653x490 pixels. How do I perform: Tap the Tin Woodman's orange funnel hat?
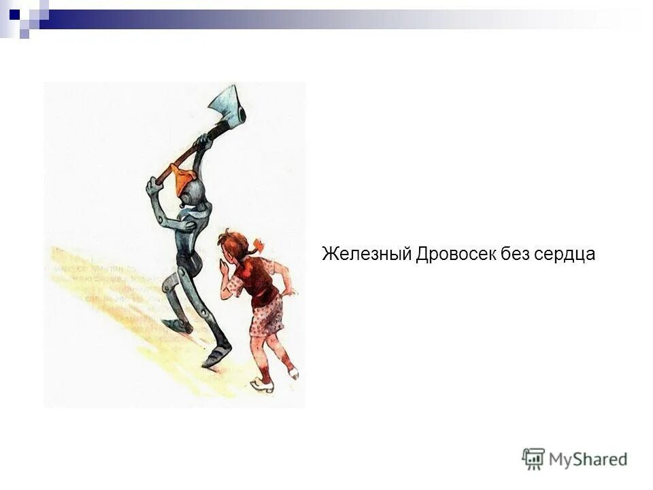point(186,179)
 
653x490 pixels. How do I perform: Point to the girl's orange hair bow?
point(257,245)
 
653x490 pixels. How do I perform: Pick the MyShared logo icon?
point(533,459)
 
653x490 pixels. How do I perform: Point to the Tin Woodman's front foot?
point(217,355)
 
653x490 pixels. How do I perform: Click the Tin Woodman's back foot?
point(178,325)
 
